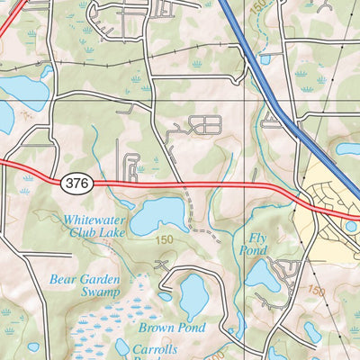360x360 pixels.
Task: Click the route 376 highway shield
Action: [77, 183]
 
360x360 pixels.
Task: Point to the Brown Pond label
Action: [173, 328]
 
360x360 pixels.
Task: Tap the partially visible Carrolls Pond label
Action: [155, 349]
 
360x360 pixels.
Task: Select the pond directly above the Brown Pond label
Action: [193, 292]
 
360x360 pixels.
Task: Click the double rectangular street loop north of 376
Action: [206, 125]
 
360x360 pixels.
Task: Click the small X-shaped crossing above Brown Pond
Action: [161, 266]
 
